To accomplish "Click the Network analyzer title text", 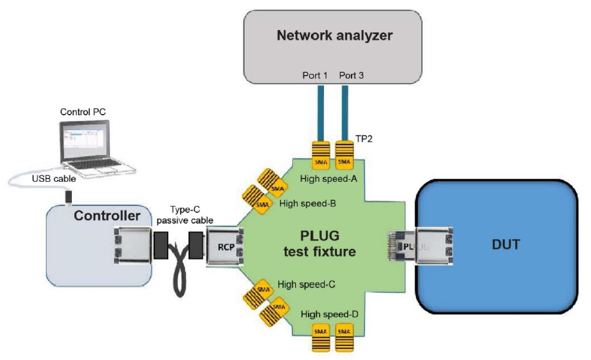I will [x=335, y=36].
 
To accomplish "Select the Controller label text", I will [x=107, y=215].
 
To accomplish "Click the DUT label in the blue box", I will [x=506, y=243].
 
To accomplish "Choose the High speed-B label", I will [x=308, y=204].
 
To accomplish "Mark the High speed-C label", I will [x=307, y=285].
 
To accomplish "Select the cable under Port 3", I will [x=344, y=112].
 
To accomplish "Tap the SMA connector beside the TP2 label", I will [x=344, y=155].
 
